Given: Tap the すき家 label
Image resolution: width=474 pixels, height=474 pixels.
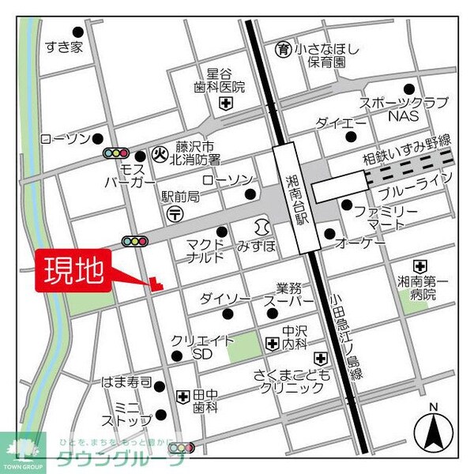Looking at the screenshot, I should coord(64,47).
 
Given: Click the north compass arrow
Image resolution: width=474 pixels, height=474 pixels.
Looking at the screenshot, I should coord(432,430).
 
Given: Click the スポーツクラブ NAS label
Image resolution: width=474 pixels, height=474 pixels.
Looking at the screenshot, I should coord(403,108).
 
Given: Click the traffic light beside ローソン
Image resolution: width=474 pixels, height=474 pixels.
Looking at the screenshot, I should coord(116,152).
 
